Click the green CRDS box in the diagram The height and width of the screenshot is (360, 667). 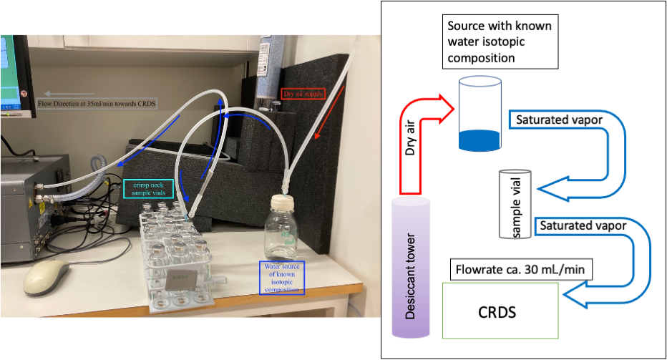(500, 311)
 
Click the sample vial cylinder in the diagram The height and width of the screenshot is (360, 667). (515, 204)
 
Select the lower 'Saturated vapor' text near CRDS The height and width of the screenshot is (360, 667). (583, 225)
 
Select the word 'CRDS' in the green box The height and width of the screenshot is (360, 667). (500, 312)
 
